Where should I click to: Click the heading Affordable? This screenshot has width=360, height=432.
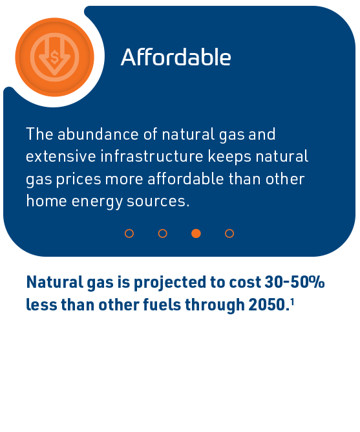click(x=176, y=57)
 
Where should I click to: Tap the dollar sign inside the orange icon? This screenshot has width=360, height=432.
click(x=54, y=58)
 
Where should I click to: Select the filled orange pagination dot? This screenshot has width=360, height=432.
click(x=196, y=233)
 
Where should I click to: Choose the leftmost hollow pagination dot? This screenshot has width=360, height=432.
click(x=129, y=233)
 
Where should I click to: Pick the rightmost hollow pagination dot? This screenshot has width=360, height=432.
click(x=229, y=233)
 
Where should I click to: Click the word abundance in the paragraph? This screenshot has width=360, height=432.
click(x=98, y=134)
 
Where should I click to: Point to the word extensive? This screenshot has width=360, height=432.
click(x=61, y=157)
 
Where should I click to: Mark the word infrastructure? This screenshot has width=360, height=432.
click(x=152, y=157)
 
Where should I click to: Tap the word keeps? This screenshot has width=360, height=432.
click(x=229, y=157)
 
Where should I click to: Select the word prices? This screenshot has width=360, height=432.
click(x=79, y=180)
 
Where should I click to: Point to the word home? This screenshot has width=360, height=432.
click(x=47, y=200)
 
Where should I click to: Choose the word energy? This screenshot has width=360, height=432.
click(x=97, y=202)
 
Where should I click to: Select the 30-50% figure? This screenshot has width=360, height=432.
click(x=295, y=282)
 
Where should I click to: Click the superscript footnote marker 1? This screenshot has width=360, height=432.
click(x=292, y=303)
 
